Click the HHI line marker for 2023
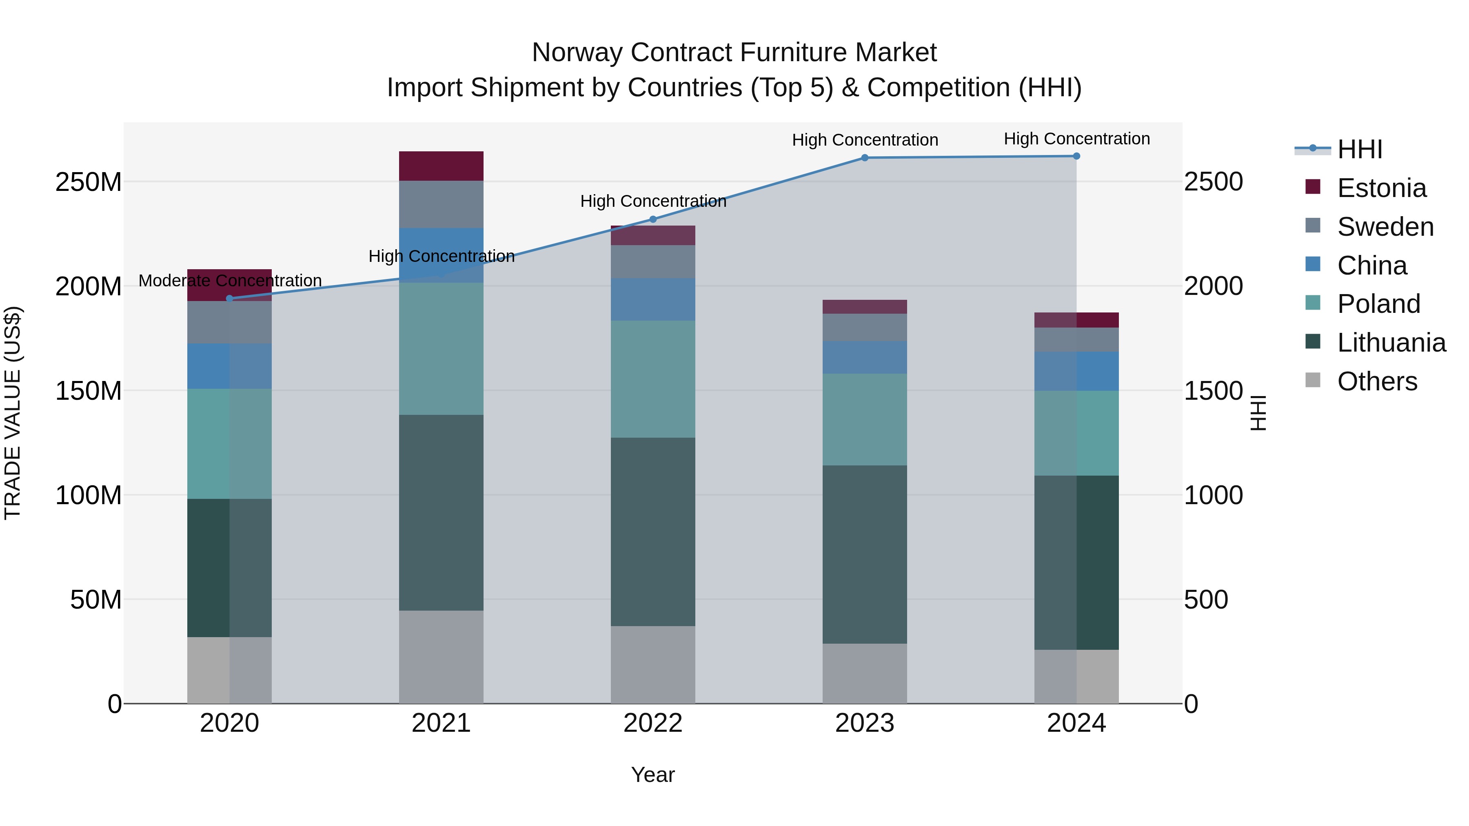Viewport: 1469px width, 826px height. (865, 158)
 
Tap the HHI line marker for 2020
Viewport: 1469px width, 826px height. (230, 299)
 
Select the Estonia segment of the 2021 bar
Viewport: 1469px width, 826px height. (441, 166)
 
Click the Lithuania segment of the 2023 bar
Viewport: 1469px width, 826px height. (865, 554)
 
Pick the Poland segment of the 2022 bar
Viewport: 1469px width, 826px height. (653, 379)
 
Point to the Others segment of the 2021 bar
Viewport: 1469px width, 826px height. (441, 657)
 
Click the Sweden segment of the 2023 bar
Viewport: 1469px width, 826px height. (865, 327)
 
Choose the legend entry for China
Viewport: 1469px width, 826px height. (1371, 266)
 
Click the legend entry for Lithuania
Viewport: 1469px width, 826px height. (1391, 343)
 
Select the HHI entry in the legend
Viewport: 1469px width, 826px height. (1360, 149)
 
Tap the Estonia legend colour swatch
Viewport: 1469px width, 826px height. (1313, 187)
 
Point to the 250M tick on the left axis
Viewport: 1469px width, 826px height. (89, 182)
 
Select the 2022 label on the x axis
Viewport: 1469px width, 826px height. (653, 723)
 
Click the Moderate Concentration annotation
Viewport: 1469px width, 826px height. (230, 281)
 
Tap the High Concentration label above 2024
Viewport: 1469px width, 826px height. (1077, 139)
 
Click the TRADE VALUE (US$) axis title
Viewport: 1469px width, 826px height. (13, 413)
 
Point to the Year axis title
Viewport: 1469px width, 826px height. (653, 775)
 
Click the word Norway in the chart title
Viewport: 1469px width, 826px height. (577, 53)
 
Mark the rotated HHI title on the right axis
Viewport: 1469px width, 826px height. (1258, 413)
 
